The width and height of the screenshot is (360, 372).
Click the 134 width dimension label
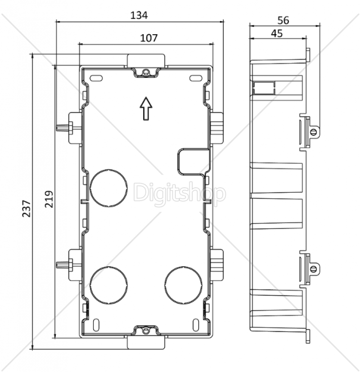click(139, 15)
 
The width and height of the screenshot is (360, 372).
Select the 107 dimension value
click(149, 38)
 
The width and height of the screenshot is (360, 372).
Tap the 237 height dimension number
click(27, 209)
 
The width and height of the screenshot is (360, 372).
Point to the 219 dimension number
click(49, 199)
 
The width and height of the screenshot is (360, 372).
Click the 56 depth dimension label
click(283, 20)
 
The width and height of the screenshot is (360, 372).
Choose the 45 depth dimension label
click(277, 33)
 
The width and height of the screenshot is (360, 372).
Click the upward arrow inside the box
click(146, 108)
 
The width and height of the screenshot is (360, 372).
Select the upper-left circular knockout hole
click(109, 188)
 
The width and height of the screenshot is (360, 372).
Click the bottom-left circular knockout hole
click(109, 285)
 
